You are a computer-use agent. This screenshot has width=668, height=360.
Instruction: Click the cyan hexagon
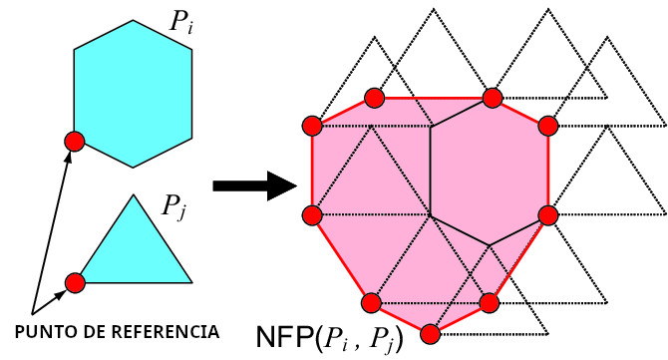click(133, 92)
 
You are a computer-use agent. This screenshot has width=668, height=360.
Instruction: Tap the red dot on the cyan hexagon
click(73, 141)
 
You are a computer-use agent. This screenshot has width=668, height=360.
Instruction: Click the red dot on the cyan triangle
click(74, 282)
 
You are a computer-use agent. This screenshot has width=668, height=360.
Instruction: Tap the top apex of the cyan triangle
click(133, 194)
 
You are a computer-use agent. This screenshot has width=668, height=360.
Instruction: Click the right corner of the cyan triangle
click(191, 282)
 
